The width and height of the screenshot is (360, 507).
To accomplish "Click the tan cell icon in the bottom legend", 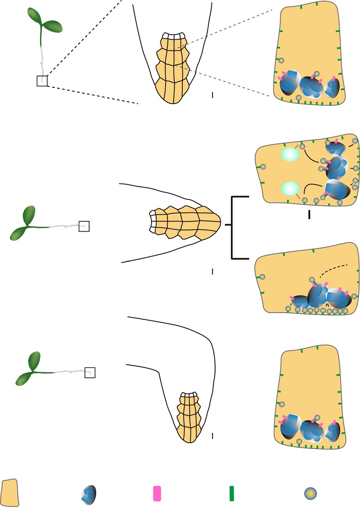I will pos(10,493).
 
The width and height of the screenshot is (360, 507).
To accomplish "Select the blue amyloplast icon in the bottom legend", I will pos(88,494).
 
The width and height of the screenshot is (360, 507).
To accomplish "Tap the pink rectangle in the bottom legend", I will pos(157,494).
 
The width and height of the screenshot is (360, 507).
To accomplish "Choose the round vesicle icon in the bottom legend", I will pos(309,494).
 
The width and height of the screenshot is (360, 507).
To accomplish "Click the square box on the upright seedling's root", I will pos(42,81).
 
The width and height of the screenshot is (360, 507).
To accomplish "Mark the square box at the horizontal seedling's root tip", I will pos(84,226).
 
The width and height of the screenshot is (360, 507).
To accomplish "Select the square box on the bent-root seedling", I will pos(90,372).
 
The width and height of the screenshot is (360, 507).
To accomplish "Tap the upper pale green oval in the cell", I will pos(290,155).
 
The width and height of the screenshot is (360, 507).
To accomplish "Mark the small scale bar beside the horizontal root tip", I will pos(212,271).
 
